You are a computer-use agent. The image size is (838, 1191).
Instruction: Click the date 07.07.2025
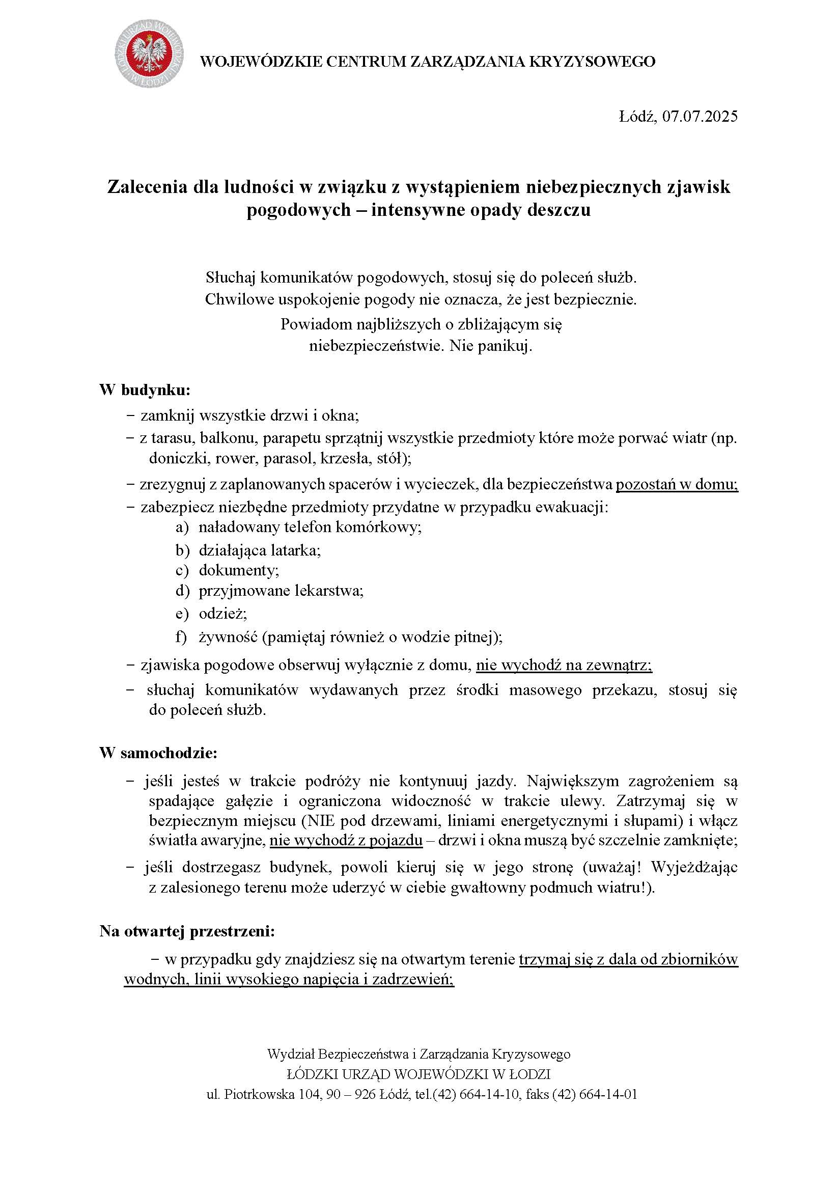700,116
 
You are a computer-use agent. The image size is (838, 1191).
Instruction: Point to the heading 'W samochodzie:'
158,753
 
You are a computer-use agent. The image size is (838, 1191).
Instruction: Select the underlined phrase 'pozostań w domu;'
677,484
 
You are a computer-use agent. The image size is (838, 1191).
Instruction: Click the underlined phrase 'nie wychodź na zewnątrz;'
564,665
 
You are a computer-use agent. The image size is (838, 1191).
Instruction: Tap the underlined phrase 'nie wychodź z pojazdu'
346,840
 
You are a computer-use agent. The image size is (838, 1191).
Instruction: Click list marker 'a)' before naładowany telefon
182,528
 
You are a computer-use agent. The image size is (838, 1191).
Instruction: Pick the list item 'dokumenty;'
239,570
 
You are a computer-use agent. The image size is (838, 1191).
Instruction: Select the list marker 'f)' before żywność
181,637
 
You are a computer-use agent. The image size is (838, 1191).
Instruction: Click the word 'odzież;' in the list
223,614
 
